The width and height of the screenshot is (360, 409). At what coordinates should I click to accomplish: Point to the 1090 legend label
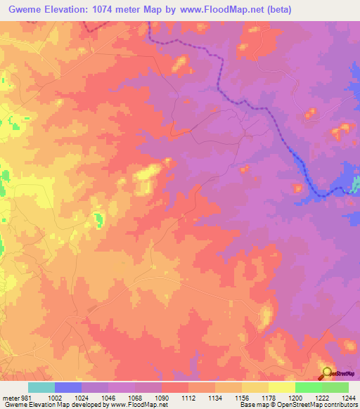(x=161, y=398)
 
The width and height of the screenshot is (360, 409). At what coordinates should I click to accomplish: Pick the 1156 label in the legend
(x=241, y=398)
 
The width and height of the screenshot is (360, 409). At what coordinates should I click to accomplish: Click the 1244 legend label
(x=348, y=398)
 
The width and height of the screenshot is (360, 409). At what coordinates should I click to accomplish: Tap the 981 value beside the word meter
(x=25, y=398)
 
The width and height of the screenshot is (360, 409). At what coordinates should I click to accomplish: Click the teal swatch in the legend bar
(x=41, y=387)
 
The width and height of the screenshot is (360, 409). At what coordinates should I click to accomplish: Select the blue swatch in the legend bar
(x=67, y=387)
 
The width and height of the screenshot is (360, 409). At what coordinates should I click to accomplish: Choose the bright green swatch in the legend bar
(x=308, y=387)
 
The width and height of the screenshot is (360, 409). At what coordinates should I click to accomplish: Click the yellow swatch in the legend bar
(x=281, y=387)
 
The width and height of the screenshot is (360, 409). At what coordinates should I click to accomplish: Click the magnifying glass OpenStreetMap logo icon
(x=326, y=372)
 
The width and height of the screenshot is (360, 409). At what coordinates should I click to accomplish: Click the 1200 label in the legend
(x=295, y=398)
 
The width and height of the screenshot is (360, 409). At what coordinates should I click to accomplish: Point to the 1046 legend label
(x=108, y=398)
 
